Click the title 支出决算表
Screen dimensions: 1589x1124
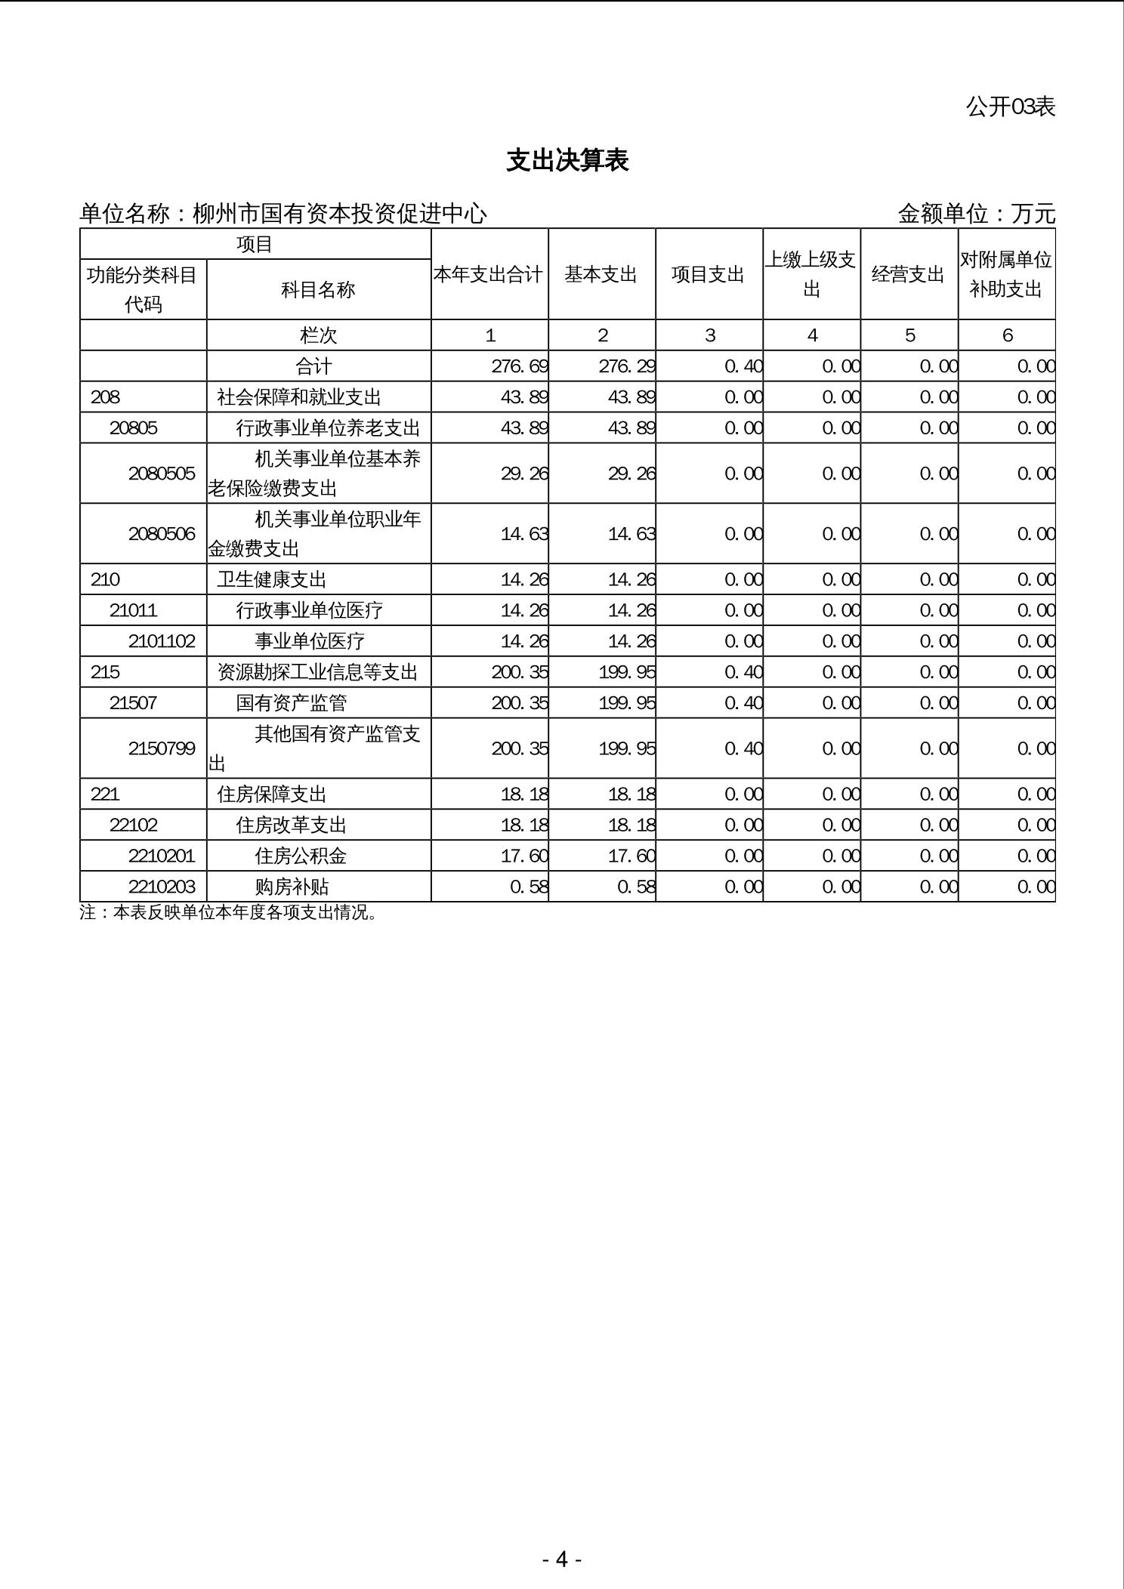[567, 161]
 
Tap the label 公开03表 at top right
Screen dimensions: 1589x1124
[1010, 107]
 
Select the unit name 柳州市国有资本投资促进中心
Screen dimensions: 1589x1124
[340, 214]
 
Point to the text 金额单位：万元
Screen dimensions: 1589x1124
[976, 214]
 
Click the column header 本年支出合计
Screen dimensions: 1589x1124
[489, 275]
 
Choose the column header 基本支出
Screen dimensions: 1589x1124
[601, 275]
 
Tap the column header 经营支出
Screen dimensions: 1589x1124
[908, 275]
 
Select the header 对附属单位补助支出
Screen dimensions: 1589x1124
[1006, 275]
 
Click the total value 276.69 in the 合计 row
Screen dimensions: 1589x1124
[520, 366]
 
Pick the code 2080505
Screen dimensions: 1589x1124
[162, 474]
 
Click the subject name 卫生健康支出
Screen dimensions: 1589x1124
[272, 579]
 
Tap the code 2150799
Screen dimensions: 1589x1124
[162, 748]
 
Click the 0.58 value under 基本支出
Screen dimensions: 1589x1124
[636, 887]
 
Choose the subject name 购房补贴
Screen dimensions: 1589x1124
[292, 887]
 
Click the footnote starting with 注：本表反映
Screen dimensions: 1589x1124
[229, 912]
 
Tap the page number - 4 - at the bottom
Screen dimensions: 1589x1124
[561, 1559]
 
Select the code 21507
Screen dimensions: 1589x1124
[134, 703]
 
